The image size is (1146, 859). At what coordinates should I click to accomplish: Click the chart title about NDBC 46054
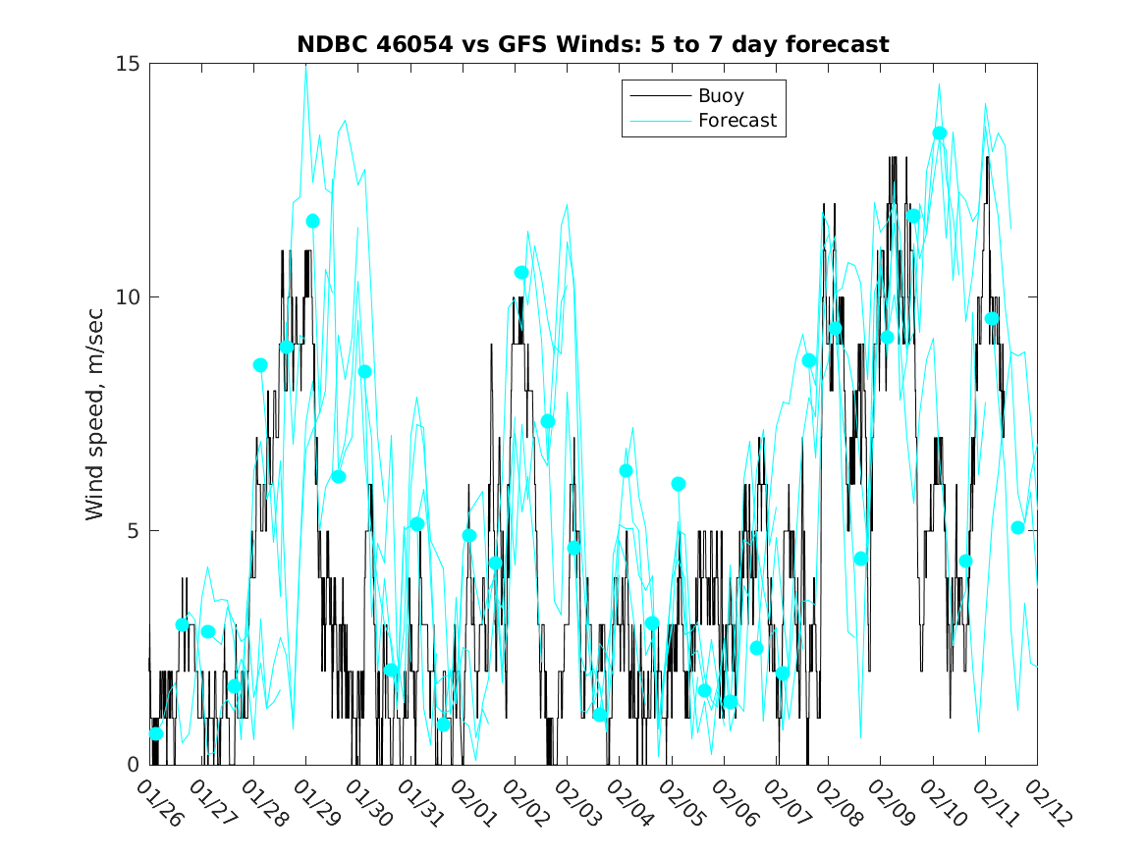(593, 44)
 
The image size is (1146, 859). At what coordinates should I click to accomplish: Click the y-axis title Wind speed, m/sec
(95, 413)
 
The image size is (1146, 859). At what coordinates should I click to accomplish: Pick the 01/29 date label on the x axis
(313, 803)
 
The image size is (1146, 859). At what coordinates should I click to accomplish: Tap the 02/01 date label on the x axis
(470, 803)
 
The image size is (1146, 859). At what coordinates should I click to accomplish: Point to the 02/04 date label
(627, 803)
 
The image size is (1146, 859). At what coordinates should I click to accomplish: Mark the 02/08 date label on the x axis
(836, 803)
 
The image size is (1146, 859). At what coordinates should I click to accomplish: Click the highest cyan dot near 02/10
(940, 133)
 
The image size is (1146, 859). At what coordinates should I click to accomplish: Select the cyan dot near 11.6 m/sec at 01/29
(312, 221)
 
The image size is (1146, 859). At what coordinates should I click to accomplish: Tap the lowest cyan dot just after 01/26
(156, 733)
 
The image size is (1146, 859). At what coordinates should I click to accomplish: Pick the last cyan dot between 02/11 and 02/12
(1018, 527)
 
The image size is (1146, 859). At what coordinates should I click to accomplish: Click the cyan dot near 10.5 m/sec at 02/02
(521, 272)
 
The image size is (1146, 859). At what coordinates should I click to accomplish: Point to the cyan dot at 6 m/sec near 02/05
(679, 484)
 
